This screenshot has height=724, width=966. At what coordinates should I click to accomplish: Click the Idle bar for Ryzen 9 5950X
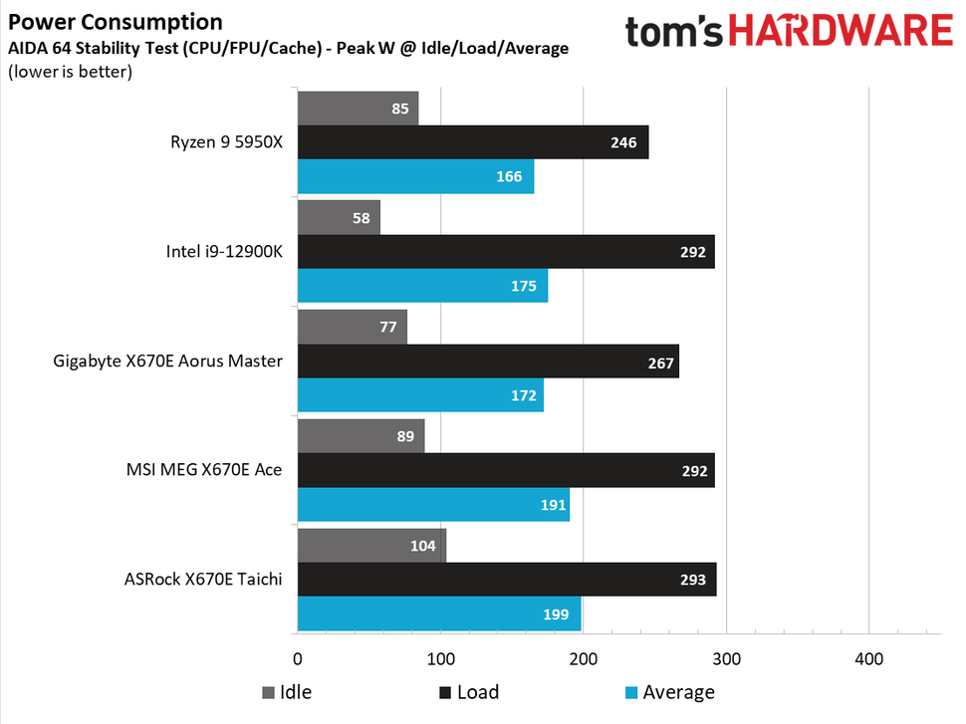358,109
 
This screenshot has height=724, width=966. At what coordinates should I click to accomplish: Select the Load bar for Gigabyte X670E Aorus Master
488,362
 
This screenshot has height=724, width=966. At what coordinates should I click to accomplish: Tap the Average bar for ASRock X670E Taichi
439,613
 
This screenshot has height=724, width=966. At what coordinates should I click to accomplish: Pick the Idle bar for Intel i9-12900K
339,217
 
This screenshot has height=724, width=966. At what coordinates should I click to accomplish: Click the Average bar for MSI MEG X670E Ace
433,504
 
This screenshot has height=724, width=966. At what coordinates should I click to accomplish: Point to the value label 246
623,142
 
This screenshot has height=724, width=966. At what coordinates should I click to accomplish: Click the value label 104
422,546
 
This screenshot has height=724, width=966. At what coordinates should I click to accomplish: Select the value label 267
661,362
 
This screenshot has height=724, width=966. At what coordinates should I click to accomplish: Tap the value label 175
524,286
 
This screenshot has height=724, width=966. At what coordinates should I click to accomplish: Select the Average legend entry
668,692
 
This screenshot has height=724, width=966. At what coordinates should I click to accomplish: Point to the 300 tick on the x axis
726,658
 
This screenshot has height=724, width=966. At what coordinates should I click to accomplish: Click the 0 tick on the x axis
298,658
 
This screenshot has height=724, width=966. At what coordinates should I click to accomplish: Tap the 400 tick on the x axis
869,658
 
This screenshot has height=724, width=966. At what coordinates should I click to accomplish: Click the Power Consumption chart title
116,21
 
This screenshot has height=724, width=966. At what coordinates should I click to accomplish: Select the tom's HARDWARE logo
789,32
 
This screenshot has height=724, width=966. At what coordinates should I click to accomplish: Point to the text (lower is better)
71,71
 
